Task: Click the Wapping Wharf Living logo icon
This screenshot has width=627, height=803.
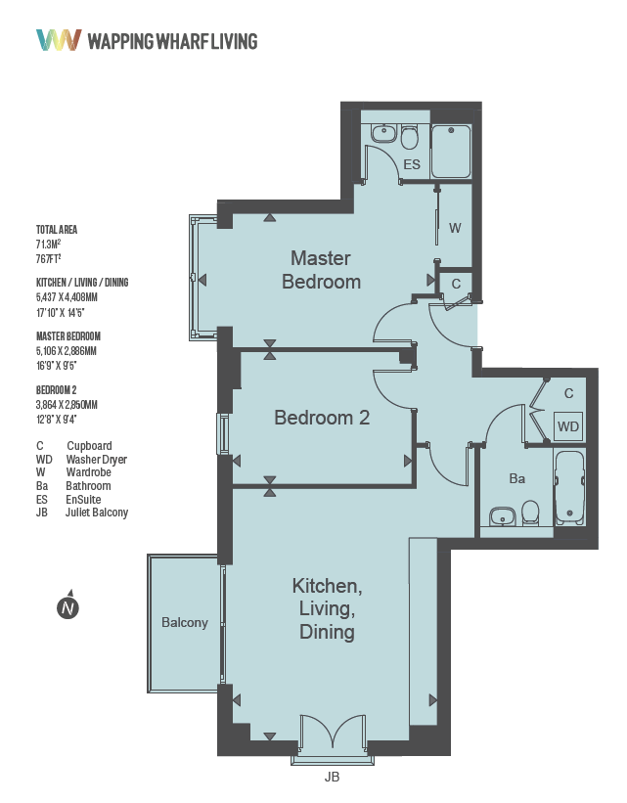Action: point(58,40)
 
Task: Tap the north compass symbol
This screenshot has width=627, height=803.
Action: point(67,607)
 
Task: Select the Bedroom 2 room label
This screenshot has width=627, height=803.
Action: point(322,418)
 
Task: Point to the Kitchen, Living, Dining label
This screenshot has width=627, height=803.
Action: point(327,609)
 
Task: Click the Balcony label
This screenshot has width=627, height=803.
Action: point(185,622)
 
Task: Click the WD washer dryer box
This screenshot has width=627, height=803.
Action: point(567,427)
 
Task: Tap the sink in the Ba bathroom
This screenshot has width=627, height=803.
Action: point(503,515)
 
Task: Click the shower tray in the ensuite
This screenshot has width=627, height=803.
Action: point(451,152)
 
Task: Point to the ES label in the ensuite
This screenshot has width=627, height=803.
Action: point(412,164)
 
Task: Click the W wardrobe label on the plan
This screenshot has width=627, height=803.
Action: point(455,228)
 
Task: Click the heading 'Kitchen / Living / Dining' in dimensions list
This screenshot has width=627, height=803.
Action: point(82,283)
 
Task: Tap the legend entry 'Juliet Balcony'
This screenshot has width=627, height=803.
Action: point(97,513)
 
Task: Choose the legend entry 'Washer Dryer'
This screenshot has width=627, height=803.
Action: point(96,459)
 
